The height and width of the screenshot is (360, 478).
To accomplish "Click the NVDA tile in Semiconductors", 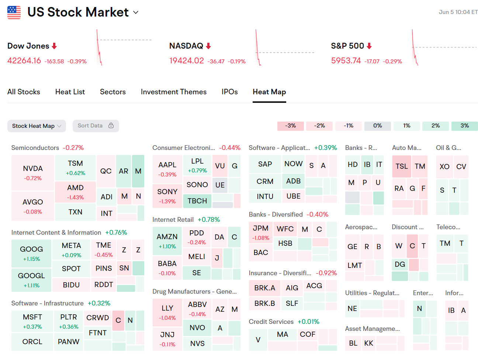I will (33, 172).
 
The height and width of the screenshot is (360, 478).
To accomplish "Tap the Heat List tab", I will (70, 92).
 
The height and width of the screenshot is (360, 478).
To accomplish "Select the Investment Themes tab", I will (173, 92).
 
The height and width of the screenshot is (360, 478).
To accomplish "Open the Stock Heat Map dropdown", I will (37, 126).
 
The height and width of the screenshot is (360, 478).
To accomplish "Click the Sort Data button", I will (96, 126).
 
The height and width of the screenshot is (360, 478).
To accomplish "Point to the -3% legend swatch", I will (291, 126).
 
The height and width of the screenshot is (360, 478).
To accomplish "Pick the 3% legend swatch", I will (464, 126).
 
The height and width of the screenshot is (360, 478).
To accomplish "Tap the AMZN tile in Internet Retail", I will (167, 241).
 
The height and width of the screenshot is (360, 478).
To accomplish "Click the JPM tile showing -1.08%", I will (260, 233).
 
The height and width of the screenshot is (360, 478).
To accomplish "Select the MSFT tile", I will (32, 321).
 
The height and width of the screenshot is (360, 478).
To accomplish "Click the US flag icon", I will (14, 12).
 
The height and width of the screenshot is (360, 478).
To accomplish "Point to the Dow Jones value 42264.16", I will (24, 60).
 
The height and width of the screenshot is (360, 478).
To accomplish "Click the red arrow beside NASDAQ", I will (208, 46).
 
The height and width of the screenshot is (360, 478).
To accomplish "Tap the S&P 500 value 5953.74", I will (346, 60).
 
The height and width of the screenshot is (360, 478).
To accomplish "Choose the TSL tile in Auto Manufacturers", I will (402, 166).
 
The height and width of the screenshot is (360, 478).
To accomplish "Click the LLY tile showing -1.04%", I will (167, 312).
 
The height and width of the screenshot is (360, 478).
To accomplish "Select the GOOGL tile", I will (31, 280).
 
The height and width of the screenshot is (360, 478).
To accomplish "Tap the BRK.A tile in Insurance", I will (264, 288).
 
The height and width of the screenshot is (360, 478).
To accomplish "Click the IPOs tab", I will (229, 92).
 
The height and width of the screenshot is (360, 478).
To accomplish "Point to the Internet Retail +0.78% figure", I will (209, 220).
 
